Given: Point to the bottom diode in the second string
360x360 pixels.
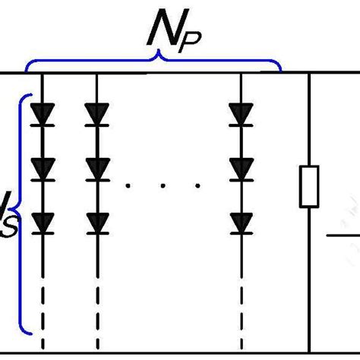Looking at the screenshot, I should pos(96,222).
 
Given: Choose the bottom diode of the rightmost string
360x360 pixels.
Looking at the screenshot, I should pos(241,222).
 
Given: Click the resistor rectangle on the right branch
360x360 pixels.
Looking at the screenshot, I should pos(308,188).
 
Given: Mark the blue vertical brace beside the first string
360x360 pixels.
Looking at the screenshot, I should pos(24,213).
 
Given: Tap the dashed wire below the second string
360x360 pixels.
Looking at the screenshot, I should pos(96,304).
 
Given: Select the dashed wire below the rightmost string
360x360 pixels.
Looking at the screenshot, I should pos(241,304).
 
